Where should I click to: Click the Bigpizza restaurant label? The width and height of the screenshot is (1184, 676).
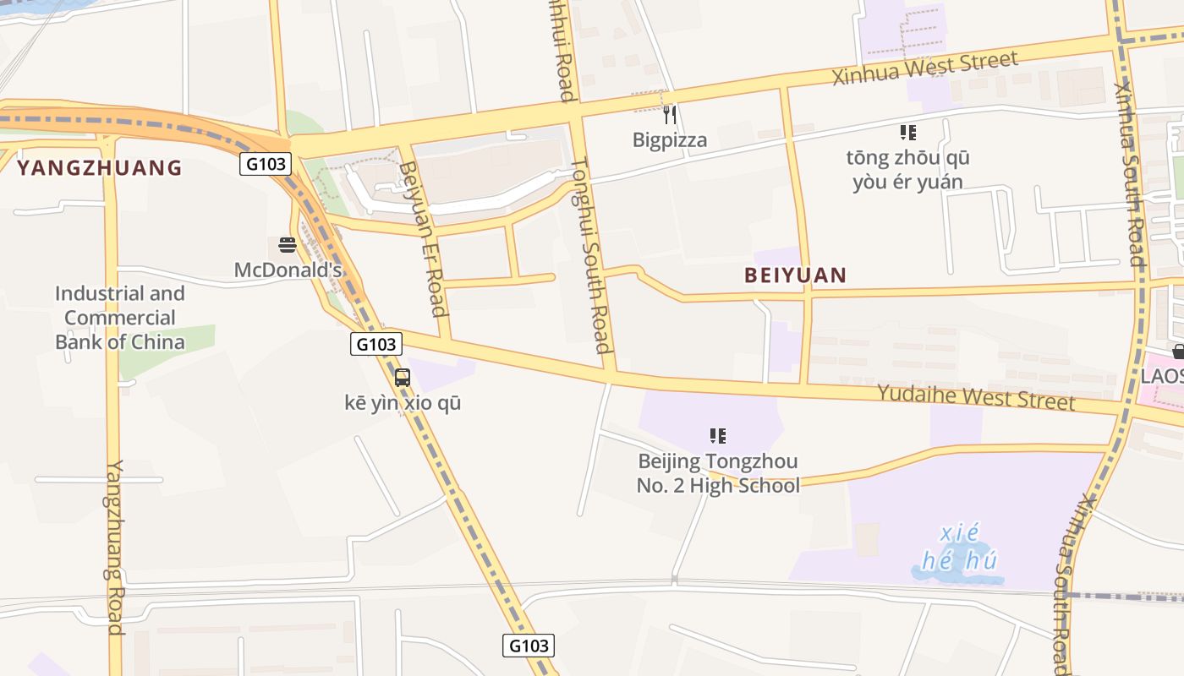(669, 139)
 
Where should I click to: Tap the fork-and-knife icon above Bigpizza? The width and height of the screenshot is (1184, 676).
(669, 113)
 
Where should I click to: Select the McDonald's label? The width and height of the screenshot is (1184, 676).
(288, 270)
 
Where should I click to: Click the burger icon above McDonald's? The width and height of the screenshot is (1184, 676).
(287, 245)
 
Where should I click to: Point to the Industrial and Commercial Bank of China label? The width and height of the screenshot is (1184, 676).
(119, 318)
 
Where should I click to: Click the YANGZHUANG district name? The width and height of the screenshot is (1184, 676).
(100, 167)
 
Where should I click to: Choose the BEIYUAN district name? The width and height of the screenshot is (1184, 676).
(795, 275)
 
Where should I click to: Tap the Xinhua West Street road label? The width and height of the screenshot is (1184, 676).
(925, 68)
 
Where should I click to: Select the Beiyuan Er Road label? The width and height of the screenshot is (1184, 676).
(422, 239)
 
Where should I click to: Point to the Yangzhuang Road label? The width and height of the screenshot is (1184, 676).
(115, 547)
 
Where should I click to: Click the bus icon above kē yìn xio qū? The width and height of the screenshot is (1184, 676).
(403, 378)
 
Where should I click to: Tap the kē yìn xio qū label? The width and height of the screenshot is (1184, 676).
(403, 403)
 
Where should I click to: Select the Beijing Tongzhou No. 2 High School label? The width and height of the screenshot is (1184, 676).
(718, 473)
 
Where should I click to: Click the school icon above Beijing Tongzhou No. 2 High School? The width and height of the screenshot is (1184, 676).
(718, 436)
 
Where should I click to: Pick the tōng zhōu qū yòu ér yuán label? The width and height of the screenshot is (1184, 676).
(907, 170)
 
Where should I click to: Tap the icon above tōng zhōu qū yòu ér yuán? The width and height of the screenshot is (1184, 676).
(907, 132)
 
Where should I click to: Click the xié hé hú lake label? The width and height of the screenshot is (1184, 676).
(959, 547)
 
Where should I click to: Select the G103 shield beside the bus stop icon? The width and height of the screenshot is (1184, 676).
(376, 344)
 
